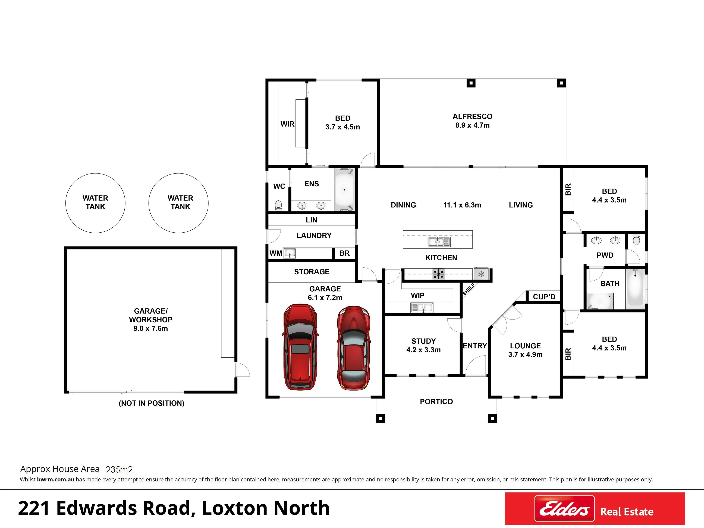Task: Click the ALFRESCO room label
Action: [472, 116]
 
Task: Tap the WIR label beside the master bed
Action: [287, 124]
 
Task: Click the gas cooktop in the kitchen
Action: [438, 274]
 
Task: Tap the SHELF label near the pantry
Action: [469, 289]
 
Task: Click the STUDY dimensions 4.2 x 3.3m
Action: [423, 350]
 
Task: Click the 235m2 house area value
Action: [119, 469]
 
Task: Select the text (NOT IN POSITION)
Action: [152, 403]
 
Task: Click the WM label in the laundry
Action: [276, 253]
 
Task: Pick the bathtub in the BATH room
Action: [635, 288]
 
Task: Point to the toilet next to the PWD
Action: [636, 239]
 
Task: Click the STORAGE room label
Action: [312, 272]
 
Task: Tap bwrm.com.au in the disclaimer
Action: [56, 479]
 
